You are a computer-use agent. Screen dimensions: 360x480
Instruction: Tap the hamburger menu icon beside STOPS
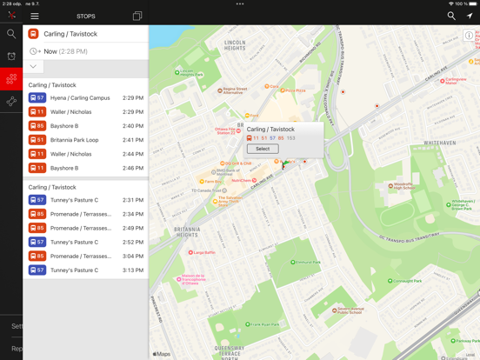(x=35, y=16)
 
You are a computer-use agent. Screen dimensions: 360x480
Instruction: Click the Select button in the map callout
(x=263, y=149)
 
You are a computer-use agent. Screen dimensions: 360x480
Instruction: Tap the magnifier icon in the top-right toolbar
(x=451, y=16)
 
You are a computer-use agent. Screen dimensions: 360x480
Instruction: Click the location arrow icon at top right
(x=470, y=16)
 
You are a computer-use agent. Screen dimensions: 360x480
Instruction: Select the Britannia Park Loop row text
(x=75, y=140)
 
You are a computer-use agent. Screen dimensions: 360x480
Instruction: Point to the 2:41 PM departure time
(x=133, y=140)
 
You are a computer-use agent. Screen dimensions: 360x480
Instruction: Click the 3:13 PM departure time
(x=133, y=270)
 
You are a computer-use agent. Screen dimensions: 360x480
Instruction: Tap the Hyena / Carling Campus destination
(x=80, y=98)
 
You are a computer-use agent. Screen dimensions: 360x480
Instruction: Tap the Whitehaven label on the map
(x=439, y=143)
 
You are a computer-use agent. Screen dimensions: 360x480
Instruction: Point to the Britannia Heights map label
(x=187, y=232)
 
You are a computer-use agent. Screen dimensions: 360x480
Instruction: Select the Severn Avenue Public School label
(x=349, y=310)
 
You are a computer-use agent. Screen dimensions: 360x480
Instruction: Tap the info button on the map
(x=469, y=36)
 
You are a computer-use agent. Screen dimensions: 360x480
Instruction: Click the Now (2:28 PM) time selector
(x=65, y=51)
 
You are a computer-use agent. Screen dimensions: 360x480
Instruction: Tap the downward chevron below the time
(x=33, y=66)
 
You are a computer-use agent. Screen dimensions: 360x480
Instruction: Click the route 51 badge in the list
(x=37, y=140)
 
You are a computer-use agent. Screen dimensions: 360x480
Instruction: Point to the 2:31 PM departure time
(x=133, y=200)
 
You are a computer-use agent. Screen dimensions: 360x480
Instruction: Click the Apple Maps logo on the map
(x=162, y=354)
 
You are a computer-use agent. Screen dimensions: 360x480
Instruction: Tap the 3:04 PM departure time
(x=133, y=257)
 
